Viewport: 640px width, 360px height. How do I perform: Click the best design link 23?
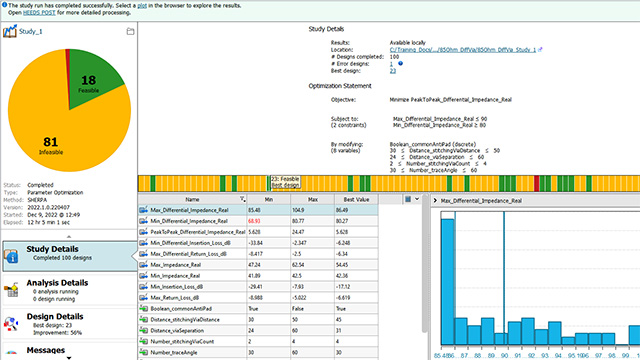click(392, 72)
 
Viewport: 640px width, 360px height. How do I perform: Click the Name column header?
click(192, 200)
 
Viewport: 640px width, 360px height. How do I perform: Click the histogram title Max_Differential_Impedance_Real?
click(500, 200)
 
